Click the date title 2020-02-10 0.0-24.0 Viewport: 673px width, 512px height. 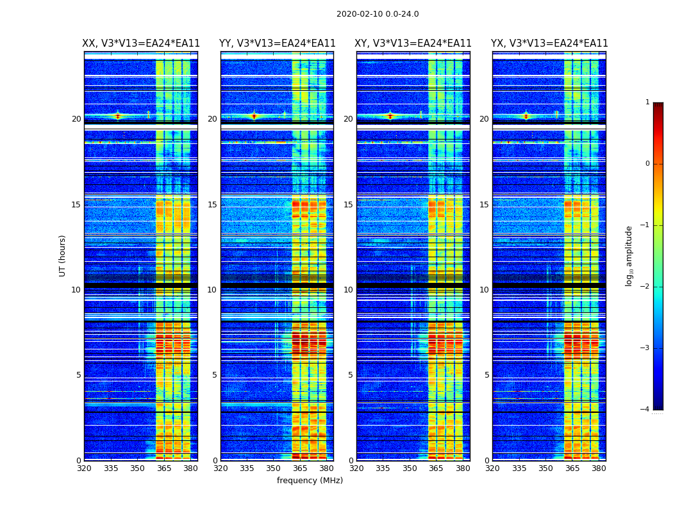tap(378, 14)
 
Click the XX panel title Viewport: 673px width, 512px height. tap(141, 44)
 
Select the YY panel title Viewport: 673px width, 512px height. tap(278, 44)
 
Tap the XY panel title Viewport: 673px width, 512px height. tap(413, 44)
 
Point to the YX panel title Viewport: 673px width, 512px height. tap(549, 44)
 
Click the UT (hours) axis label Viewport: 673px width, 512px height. tap(63, 255)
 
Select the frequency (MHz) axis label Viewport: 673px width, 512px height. tap(310, 481)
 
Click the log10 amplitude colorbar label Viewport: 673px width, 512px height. tap(629, 255)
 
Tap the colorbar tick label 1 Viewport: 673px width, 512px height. tap(647, 102)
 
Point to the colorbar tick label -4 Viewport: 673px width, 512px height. tap(645, 410)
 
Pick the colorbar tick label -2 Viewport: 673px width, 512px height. tap(645, 287)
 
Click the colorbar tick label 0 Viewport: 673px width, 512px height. tap(647, 164)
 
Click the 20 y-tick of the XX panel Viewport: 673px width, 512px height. tap(76, 119)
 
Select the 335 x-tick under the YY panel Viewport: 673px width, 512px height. tap(247, 468)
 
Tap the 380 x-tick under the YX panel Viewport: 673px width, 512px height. tap(599, 468)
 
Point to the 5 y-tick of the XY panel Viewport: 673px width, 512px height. tap(351, 375)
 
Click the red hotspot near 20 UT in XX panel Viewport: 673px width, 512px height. tap(117, 116)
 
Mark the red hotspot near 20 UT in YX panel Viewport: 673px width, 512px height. tap(526, 116)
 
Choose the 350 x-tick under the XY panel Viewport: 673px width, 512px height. tap(410, 468)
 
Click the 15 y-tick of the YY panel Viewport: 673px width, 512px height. tap(212, 205)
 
